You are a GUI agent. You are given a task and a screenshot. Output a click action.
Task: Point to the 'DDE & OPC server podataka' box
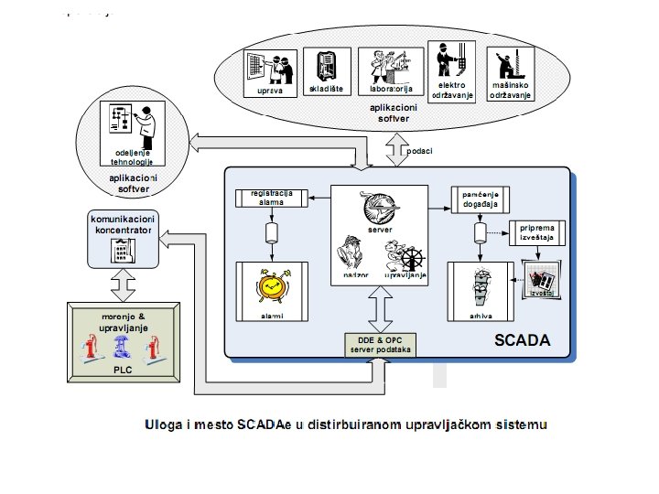click(381, 345)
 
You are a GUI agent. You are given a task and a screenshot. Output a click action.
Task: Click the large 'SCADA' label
click(523, 341)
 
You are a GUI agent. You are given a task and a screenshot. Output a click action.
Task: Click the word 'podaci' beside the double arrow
click(420, 150)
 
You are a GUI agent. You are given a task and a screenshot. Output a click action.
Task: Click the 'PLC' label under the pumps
click(123, 370)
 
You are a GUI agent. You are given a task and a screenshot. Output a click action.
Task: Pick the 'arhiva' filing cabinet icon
click(478, 290)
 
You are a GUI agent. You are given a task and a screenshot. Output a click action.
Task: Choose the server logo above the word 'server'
click(380, 207)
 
